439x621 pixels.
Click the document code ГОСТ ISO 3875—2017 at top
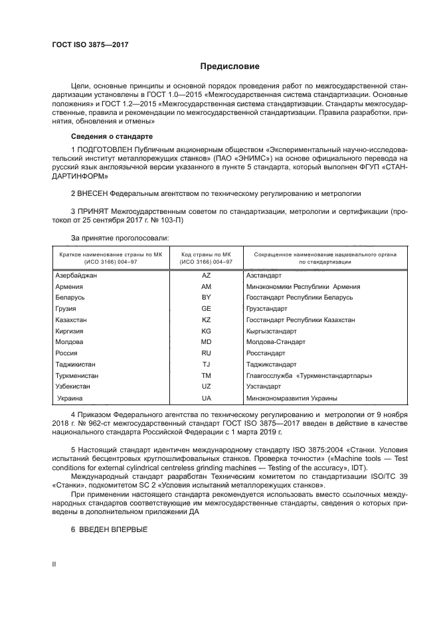click(x=90, y=44)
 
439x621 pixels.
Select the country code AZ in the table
click(x=205, y=274)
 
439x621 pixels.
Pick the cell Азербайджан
click(x=78, y=274)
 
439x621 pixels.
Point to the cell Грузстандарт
click(x=267, y=308)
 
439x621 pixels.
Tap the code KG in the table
click(x=205, y=331)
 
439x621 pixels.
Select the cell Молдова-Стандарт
click(x=276, y=342)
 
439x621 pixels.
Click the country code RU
click(x=205, y=353)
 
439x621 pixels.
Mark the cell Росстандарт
click(x=266, y=353)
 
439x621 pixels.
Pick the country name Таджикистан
click(x=77, y=365)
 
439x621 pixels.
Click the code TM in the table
click(x=205, y=376)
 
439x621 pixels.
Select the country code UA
click(x=205, y=399)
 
